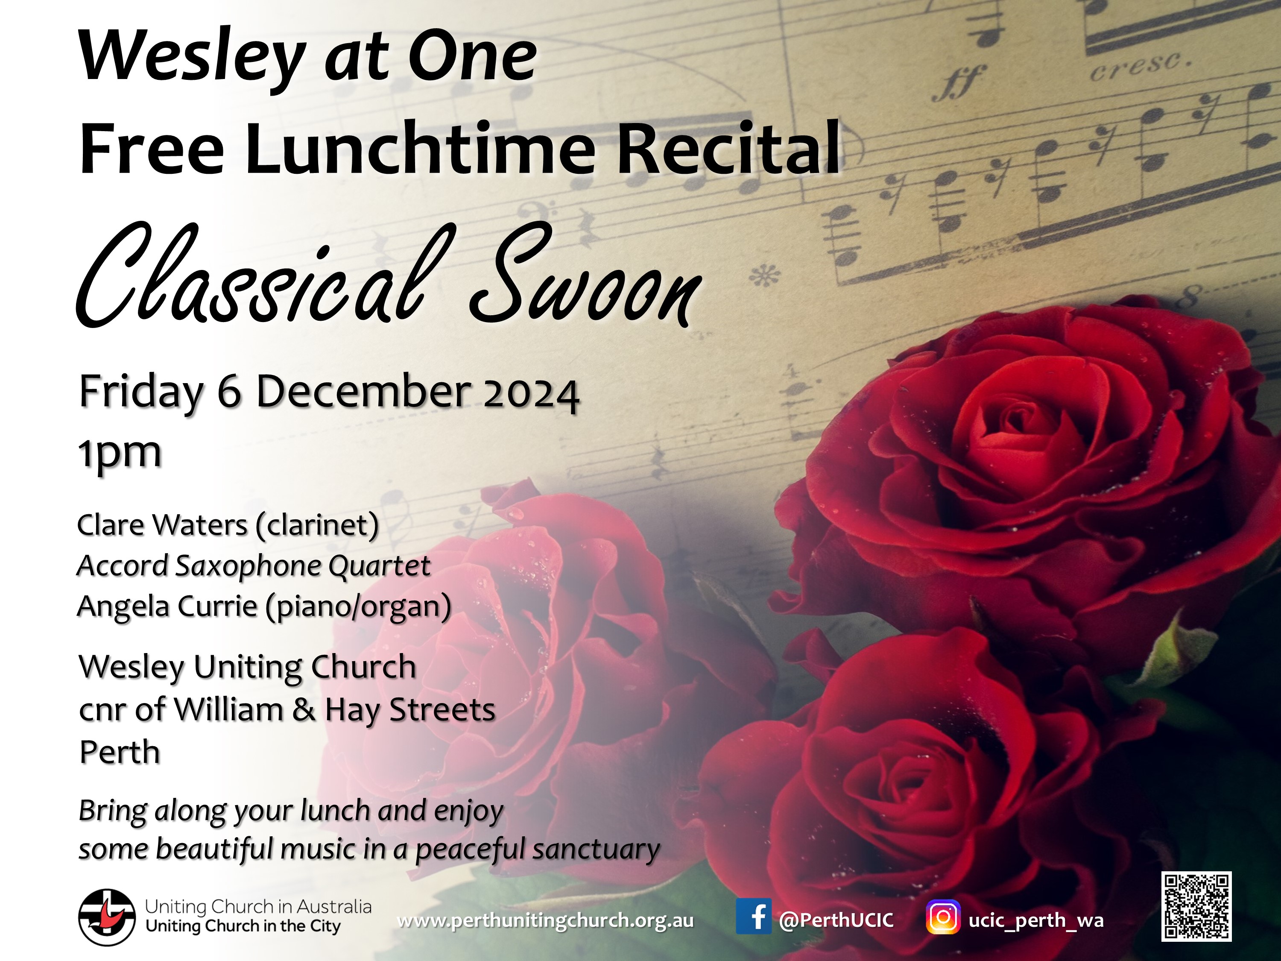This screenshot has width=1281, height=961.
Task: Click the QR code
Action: (x=1196, y=906)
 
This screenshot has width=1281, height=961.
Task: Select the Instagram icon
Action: (x=943, y=917)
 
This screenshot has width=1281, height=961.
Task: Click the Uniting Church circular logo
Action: (x=107, y=917)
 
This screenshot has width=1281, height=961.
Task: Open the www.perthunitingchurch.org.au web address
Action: (x=546, y=920)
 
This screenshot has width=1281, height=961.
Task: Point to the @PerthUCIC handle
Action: (x=836, y=920)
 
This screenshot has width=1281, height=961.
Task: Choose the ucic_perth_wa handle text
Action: (x=1036, y=920)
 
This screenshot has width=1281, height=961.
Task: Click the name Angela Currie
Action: (x=167, y=607)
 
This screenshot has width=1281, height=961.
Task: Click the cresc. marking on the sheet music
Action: (x=1141, y=66)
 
